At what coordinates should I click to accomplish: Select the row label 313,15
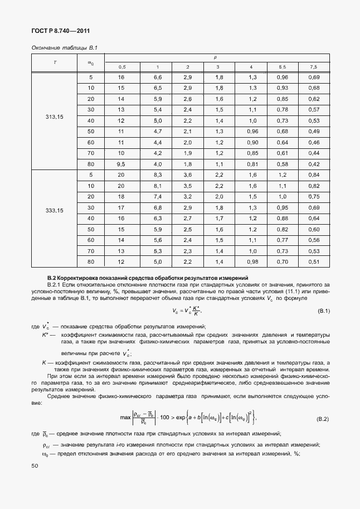coord(54,119)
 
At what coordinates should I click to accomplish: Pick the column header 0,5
coord(121,67)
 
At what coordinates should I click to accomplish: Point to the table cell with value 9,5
coord(121,163)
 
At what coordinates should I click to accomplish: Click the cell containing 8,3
coord(157,174)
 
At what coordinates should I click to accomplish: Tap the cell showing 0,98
coord(252,261)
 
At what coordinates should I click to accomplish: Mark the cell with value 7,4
coord(157,196)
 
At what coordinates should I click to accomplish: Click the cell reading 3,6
coord(188,174)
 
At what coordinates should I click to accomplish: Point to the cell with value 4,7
coord(157,131)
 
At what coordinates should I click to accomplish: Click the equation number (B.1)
coord(324,311)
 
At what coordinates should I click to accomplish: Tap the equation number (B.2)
coord(323,418)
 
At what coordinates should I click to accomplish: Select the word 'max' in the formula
coord(125,418)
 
